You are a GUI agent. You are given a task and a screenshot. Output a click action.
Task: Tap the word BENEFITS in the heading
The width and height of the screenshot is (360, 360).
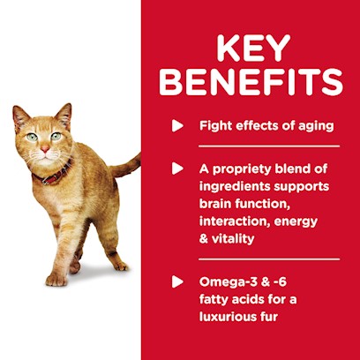[x=251, y=82]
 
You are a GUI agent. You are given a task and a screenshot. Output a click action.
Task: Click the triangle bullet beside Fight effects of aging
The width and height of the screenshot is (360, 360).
[x=177, y=126]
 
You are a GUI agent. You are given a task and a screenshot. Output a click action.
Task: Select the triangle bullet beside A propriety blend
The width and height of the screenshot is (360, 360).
[x=177, y=169]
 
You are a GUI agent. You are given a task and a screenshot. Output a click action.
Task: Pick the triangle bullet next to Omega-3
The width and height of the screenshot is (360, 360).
[x=177, y=281]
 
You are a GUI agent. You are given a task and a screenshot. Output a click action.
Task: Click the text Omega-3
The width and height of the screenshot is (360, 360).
[x=228, y=283]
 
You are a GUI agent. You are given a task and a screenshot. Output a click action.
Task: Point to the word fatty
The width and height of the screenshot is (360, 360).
[x=214, y=300]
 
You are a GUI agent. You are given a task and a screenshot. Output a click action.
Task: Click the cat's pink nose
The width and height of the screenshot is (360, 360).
[x=45, y=148]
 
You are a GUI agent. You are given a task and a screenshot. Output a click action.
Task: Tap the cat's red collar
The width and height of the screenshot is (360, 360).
[x=52, y=174]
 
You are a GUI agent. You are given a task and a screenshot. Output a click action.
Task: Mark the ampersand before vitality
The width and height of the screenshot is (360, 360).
[x=204, y=238]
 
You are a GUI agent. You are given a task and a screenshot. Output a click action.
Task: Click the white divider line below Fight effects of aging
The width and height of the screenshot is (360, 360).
[x=269, y=146]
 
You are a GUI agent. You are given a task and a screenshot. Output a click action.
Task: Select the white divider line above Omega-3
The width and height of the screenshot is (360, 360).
[x=269, y=259]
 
